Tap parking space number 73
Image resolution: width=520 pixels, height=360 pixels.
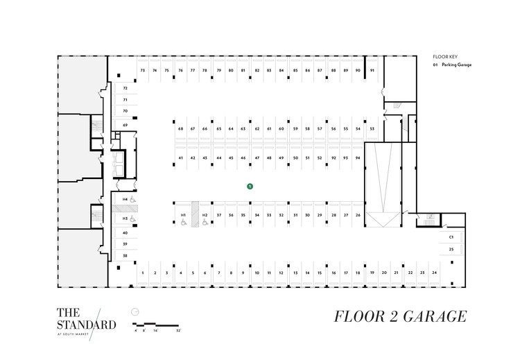142,71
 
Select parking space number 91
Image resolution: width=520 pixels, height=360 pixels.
372,71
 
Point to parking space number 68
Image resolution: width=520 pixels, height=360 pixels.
180,129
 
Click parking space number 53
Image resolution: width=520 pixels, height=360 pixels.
372,129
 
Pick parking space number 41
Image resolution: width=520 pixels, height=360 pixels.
180,158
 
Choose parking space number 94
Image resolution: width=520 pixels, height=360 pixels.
357,158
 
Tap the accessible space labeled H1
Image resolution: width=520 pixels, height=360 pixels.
184,216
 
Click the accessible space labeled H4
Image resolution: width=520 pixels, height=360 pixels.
125,200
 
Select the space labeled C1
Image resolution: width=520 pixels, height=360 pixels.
451,237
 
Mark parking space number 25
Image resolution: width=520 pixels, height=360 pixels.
451,248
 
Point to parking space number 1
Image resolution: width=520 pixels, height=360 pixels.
142,273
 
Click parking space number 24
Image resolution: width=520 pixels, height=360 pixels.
434,273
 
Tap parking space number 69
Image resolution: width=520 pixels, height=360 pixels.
125,125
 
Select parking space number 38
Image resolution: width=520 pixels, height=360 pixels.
125,256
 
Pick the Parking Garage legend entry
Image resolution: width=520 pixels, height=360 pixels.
456,65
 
